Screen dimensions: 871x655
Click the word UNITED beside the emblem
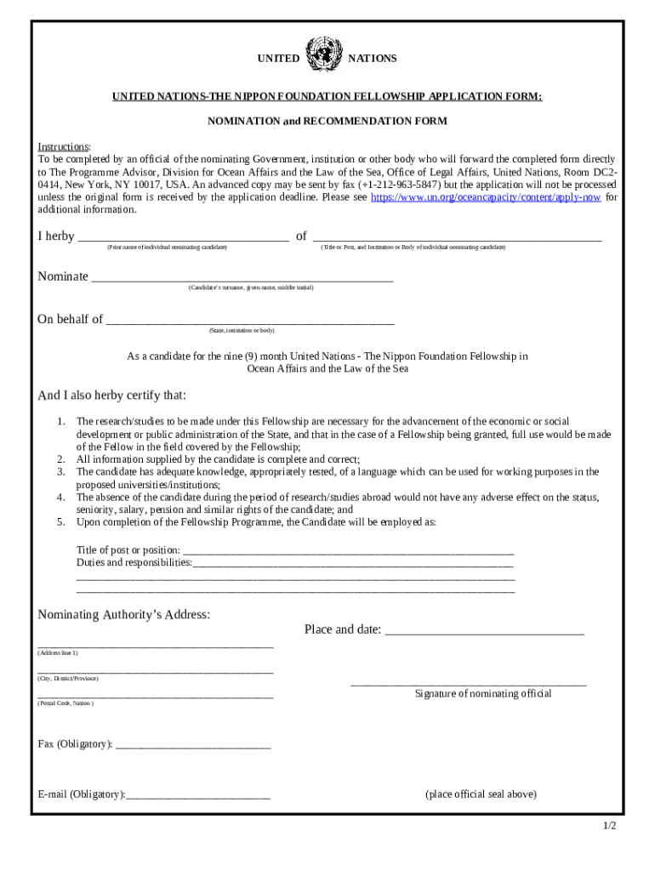[x=278, y=59]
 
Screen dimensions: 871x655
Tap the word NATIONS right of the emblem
[x=373, y=59]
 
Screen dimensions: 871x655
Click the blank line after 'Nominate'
[x=242, y=278]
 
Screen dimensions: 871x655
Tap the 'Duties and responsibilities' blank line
[x=353, y=564]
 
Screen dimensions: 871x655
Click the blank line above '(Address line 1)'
[x=156, y=646]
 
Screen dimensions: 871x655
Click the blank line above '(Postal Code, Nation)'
[x=156, y=697]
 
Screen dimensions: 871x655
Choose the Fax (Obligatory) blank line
[x=192, y=746]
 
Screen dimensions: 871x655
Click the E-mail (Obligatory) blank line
[x=197, y=796]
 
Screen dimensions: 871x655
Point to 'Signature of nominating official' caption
[x=483, y=694]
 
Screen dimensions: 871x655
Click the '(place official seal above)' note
[x=481, y=794]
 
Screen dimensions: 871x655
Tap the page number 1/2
[x=609, y=826]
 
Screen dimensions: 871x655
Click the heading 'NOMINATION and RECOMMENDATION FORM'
[x=327, y=122]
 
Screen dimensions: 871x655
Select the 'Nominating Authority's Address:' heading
[x=124, y=615]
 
